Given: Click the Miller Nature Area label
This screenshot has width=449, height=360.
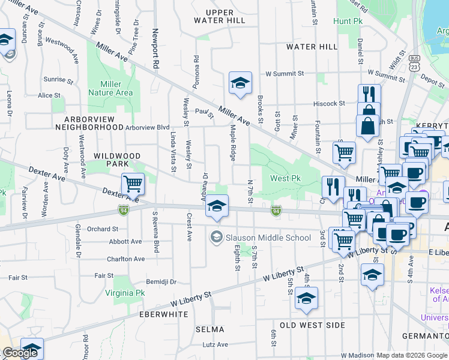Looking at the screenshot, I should (110, 89).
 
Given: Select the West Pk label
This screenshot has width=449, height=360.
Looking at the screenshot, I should (285, 179).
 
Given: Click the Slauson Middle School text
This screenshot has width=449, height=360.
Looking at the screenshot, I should (268, 238).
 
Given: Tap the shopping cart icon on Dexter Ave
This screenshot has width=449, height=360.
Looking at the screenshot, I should (133, 184).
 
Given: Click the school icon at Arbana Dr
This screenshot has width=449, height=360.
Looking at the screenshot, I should (217, 207).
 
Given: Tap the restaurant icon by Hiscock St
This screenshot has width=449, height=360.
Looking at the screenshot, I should (369, 95).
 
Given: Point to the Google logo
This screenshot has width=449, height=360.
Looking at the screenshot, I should (20, 353).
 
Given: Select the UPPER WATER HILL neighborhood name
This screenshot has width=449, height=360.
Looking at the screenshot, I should (219, 16).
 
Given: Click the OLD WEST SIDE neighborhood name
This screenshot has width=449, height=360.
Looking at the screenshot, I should (312, 325).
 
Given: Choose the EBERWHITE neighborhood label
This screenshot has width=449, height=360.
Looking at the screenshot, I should (164, 314).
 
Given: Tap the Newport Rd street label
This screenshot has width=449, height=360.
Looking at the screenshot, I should (155, 47).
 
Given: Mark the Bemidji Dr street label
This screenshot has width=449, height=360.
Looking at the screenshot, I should (161, 281).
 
